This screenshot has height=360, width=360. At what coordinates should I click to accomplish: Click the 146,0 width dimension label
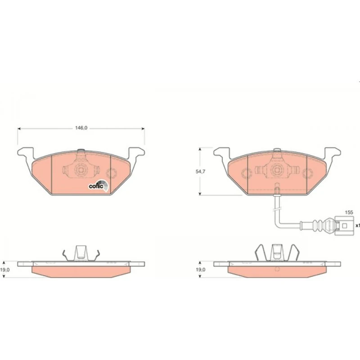[x=81, y=128]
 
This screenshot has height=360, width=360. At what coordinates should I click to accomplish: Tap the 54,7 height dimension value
[x=200, y=171]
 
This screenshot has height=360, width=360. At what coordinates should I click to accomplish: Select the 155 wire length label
[x=349, y=212]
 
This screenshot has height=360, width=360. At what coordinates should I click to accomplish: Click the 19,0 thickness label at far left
[x=5, y=270]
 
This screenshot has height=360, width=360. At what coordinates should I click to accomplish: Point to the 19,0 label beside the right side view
[x=200, y=270]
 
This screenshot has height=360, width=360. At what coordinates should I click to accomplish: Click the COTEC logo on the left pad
[x=99, y=185]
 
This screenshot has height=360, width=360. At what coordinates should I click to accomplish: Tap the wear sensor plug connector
[x=344, y=226]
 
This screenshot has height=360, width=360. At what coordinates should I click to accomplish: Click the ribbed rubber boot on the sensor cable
[x=318, y=225]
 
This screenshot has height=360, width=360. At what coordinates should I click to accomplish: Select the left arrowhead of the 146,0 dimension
[x=19, y=129]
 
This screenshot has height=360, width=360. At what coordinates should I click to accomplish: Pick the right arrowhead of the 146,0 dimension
[x=143, y=129]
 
